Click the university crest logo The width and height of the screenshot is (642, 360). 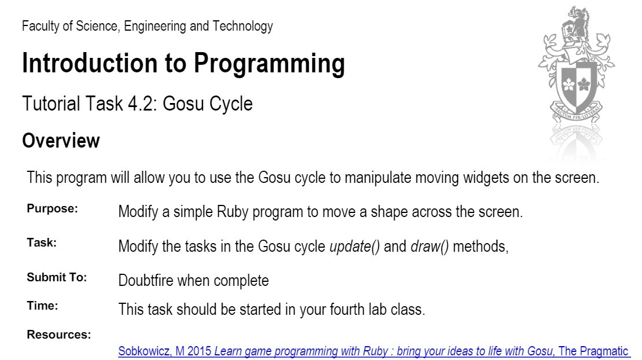[x=576, y=69]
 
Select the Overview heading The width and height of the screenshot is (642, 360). [x=61, y=141]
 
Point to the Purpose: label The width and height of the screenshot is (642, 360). [x=52, y=209]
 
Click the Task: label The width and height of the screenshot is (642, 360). [x=42, y=243]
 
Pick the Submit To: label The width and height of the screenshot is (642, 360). [x=57, y=277]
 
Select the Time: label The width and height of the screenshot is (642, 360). [x=42, y=306]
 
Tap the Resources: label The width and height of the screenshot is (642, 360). [x=58, y=335]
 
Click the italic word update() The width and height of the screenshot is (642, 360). [x=355, y=247]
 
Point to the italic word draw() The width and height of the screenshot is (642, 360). [x=430, y=247]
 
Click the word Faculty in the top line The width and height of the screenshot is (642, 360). [x=40, y=26]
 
